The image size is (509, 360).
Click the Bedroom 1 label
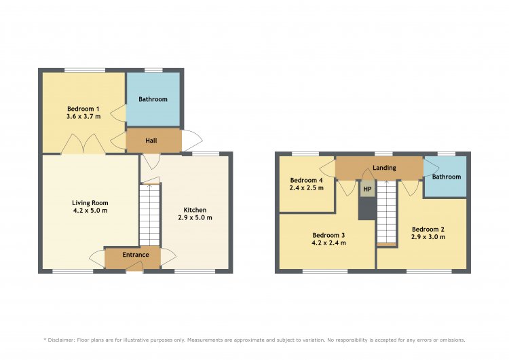click(x=83, y=109)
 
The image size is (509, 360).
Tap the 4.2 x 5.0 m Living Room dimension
click(x=90, y=211)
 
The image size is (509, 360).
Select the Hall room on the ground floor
click(x=153, y=141)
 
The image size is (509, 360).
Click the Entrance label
click(x=136, y=255)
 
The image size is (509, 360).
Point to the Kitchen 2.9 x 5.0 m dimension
click(x=195, y=217)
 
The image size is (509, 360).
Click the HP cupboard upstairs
click(x=367, y=189)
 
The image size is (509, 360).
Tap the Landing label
click(x=384, y=168)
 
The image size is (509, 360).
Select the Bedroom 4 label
click(x=307, y=180)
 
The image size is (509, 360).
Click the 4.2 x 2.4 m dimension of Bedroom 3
click(x=329, y=242)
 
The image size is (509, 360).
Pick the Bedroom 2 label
click(x=428, y=230)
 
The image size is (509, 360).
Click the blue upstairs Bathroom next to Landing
click(x=445, y=177)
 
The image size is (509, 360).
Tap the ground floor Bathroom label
click(x=153, y=99)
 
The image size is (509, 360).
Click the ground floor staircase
click(x=150, y=215)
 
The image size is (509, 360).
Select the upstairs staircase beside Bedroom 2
click(x=387, y=213)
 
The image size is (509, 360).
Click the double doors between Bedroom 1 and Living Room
click(x=83, y=144)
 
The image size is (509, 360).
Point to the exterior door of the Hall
click(x=192, y=141)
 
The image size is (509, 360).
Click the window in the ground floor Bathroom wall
click(x=153, y=70)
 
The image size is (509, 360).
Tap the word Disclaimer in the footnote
click(x=61, y=340)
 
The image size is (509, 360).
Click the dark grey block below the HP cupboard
click(x=367, y=209)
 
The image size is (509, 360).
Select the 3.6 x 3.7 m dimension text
click(x=83, y=116)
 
